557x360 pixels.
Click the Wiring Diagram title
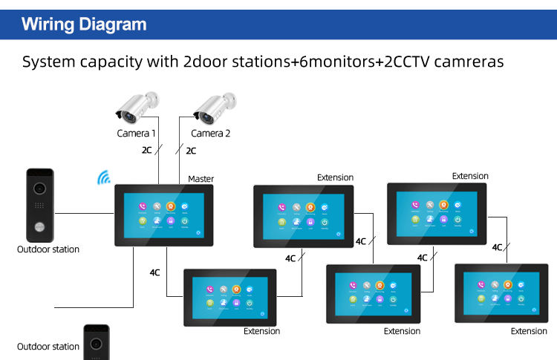tap(84, 24)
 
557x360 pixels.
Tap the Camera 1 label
tap(137, 134)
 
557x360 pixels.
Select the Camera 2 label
tap(211, 134)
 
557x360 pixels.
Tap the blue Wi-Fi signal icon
tap(103, 178)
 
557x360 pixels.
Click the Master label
tap(201, 179)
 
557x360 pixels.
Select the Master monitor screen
tap(163, 215)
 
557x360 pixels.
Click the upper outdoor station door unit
tap(39, 203)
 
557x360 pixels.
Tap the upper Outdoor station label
tap(48, 249)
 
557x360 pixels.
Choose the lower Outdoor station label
tap(48, 347)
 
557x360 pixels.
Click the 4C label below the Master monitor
tap(154, 272)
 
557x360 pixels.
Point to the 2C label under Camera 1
tap(146, 151)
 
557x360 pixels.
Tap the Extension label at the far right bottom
tap(529, 331)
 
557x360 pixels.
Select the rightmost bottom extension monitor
tap(501, 292)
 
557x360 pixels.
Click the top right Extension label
tap(470, 176)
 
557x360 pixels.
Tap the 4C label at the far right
tap(497, 247)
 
